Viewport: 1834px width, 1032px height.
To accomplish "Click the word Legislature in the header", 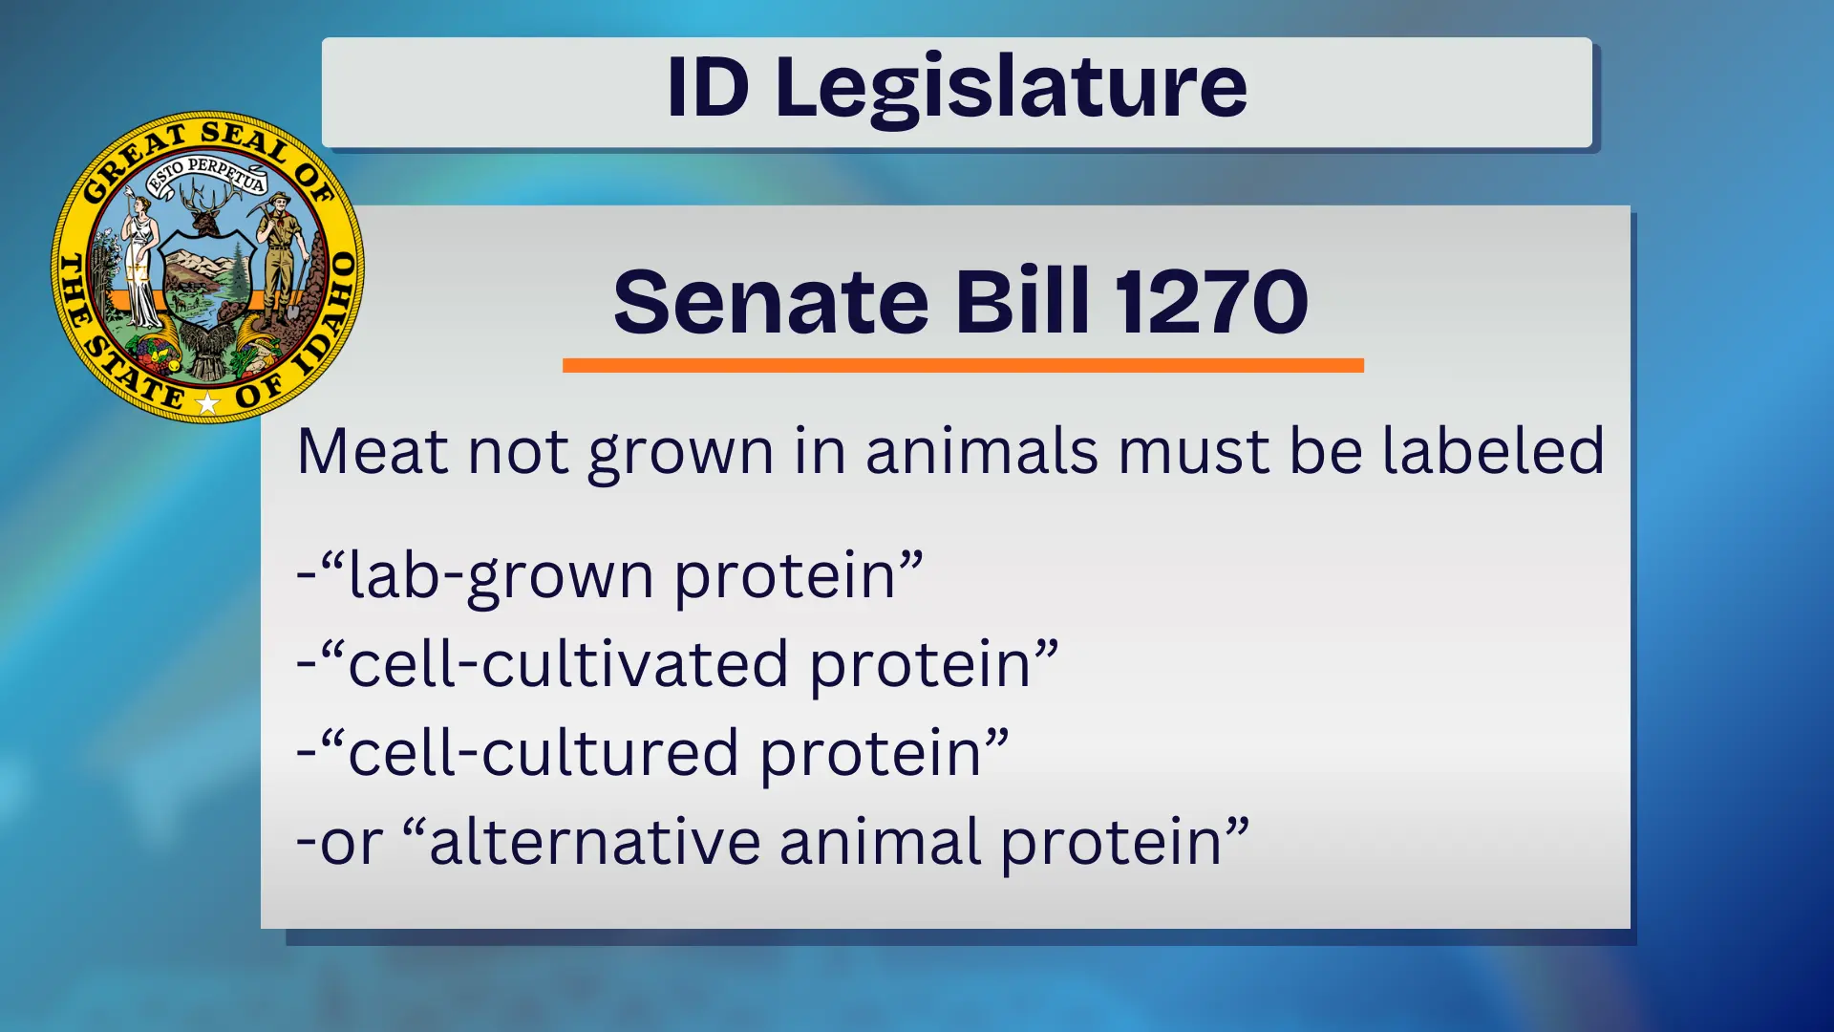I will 1011,88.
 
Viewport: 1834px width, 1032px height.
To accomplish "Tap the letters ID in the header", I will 707,88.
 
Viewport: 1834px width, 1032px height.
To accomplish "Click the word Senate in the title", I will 771,302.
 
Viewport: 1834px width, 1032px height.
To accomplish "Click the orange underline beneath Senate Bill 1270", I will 963,365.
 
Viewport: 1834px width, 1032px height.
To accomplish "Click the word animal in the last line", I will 880,842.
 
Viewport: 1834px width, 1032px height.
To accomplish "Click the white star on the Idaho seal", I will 207,403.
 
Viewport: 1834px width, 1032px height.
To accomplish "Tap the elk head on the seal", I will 204,212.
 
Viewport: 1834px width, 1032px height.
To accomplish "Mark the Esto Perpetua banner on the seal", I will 205,172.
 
